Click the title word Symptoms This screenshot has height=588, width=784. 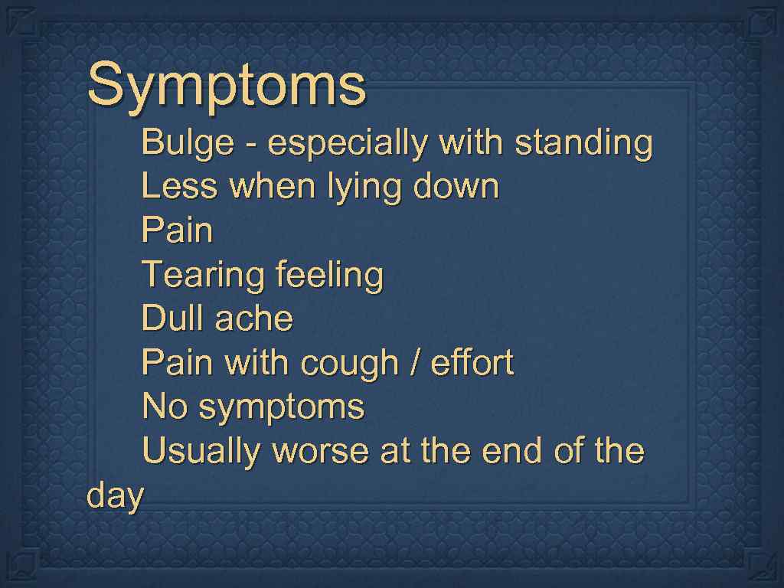point(227,86)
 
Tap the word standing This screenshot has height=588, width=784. point(583,144)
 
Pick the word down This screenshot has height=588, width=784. point(456,187)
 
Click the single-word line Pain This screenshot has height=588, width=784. point(177,230)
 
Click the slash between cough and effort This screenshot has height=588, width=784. point(414,363)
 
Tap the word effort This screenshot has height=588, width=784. point(472,362)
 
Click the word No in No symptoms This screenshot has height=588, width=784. point(165,407)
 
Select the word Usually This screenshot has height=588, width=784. point(201,452)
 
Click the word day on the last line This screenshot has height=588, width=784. point(115,497)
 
